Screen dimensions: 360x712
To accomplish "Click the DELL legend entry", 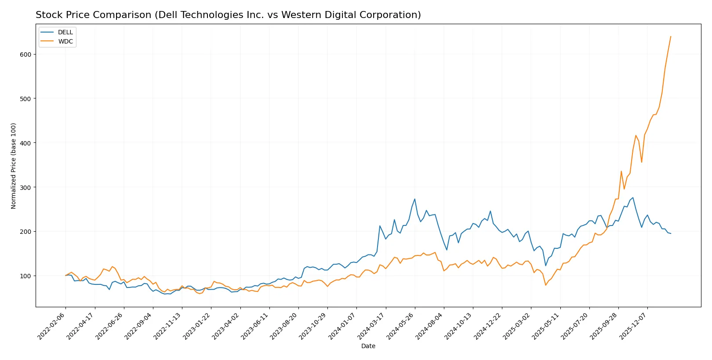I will click(65, 33).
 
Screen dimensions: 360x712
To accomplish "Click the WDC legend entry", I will click(65, 41).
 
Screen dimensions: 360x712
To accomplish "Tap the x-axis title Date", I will click(368, 346).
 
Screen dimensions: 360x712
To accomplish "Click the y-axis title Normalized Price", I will click(14, 166).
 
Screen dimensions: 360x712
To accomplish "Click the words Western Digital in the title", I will click(311, 15).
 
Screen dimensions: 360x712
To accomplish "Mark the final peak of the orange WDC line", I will click(671, 36).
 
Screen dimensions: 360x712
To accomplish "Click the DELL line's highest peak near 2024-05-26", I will click(414, 199).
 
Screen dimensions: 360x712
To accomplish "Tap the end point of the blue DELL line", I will click(671, 233).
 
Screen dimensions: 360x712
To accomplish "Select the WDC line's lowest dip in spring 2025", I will click(546, 285).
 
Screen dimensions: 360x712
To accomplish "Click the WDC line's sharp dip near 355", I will click(642, 162).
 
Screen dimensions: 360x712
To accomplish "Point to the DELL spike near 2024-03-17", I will click(380, 226).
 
